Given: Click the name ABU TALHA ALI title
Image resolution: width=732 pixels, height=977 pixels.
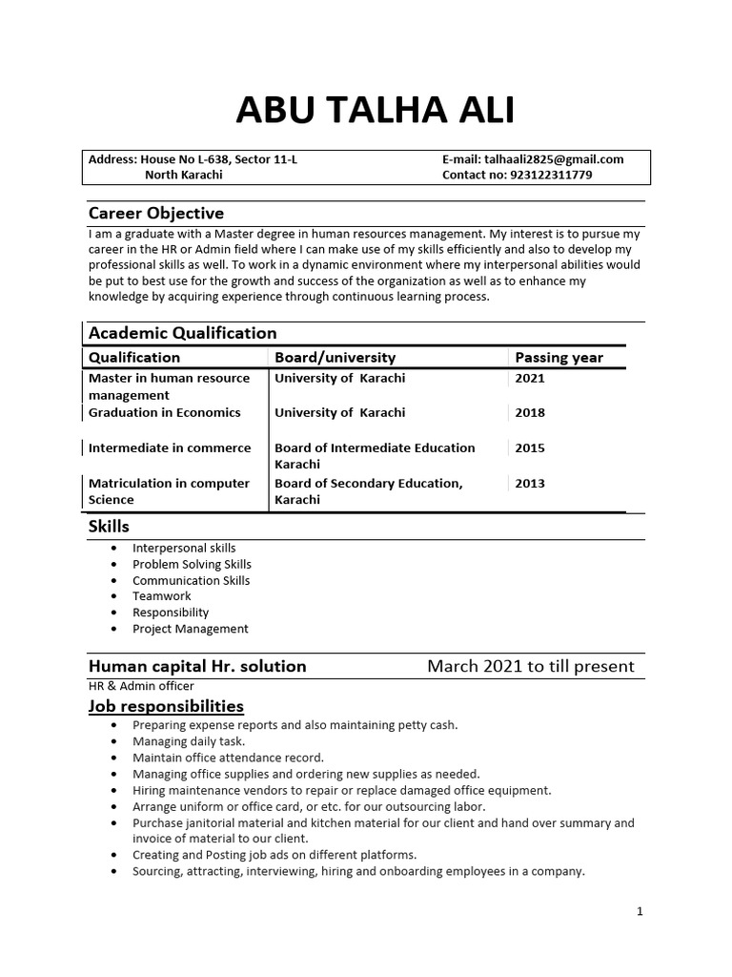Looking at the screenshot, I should coord(375,111).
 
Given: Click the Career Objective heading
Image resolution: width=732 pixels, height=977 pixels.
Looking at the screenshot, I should coord(155,213).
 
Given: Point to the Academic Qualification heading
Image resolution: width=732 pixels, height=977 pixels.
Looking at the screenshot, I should coord(182,333).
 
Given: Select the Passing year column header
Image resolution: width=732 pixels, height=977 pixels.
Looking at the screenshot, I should coord(559,358).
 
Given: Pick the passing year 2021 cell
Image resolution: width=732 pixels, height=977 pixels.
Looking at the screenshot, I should coord(530,378).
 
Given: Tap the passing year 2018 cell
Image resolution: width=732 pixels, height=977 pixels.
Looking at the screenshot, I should coord(530,413).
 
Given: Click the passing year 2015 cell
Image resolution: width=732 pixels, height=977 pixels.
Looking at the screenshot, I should coord(530,447).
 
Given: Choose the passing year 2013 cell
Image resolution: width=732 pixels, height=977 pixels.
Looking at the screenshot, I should coord(530,483).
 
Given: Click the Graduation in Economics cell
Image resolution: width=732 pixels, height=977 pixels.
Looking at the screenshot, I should coord(164,413).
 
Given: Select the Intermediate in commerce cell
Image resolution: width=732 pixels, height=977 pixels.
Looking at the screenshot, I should coord(170,447).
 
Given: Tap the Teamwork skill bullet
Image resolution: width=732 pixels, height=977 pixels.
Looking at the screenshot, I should coord(161,596).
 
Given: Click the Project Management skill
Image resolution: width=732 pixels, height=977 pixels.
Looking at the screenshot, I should coord(190,629).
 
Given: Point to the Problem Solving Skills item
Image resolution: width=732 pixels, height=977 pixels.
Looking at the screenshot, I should coord(192,564).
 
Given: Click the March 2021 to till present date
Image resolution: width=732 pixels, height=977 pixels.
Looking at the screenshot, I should coord(530,666).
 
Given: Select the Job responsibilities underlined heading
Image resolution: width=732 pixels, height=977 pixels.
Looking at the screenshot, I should coord(166,706).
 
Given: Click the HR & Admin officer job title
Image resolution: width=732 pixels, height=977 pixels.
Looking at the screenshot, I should coord(141,686).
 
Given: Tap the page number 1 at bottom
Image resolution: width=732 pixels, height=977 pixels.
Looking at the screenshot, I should coord(640,911).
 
